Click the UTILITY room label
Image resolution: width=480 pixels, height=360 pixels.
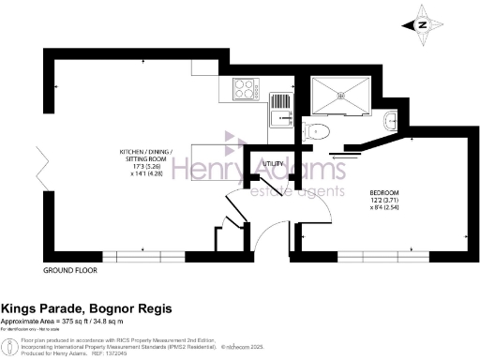click(273, 163)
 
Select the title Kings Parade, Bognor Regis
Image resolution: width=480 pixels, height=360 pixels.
click(86, 308)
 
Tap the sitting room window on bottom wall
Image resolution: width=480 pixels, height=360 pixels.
click(143, 256)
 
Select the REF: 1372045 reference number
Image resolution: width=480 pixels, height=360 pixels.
click(108, 351)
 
